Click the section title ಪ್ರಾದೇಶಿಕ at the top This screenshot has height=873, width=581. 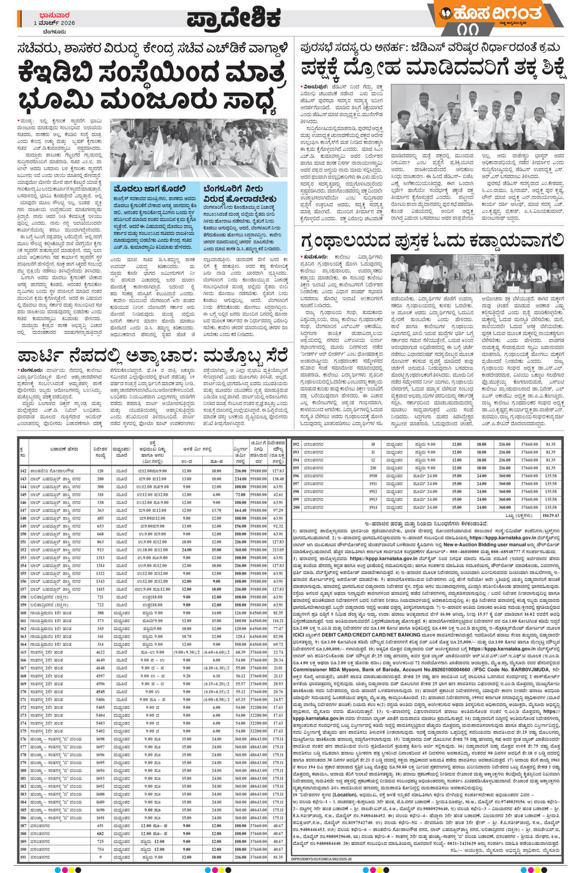coord(234,18)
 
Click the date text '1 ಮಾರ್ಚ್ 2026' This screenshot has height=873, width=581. coord(55,23)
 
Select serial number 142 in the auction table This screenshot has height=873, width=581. coord(23,471)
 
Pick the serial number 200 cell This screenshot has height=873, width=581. coord(296,507)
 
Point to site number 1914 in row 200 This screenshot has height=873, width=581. coord(373,507)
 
